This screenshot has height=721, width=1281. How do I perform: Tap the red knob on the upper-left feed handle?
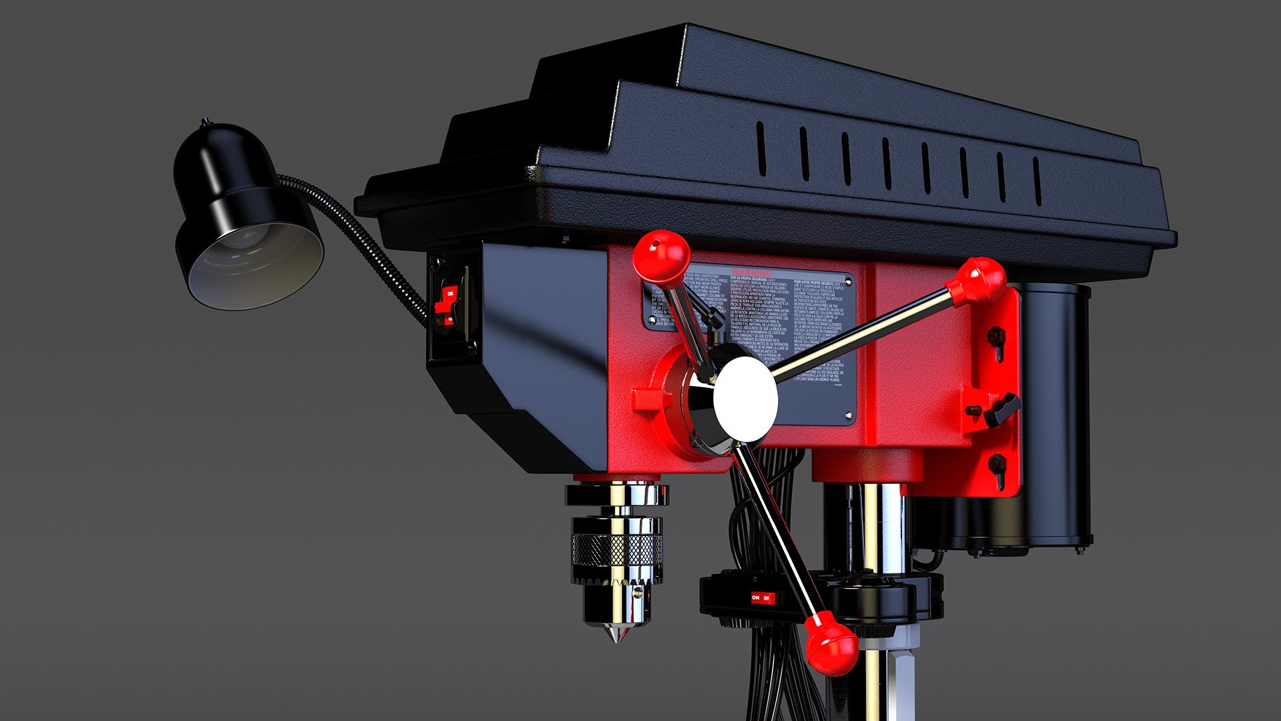point(661,256)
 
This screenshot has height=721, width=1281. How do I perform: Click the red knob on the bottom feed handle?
point(831,644)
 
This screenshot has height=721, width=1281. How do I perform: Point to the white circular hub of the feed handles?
point(745,399)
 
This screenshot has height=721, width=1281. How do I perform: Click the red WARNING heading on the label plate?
point(751,273)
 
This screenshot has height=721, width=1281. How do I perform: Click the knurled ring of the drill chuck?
point(616,549)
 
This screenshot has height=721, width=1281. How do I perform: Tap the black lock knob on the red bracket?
point(1001,409)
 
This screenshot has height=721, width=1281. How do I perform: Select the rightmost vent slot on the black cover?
point(1037,181)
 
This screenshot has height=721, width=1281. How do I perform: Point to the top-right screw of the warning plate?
point(848,282)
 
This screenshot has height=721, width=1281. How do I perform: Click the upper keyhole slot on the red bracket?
point(997,338)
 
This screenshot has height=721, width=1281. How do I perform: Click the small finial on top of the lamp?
point(204,122)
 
